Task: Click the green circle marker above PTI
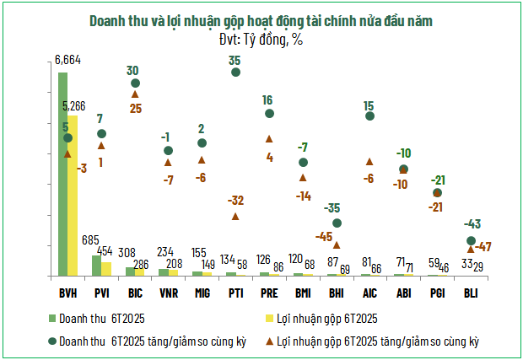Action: (235, 73)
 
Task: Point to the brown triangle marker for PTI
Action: (235, 216)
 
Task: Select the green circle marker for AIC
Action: (369, 116)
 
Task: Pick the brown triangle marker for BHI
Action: (337, 245)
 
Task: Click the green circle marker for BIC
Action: (135, 83)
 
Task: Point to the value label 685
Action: (91, 240)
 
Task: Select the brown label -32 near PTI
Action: (235, 201)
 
